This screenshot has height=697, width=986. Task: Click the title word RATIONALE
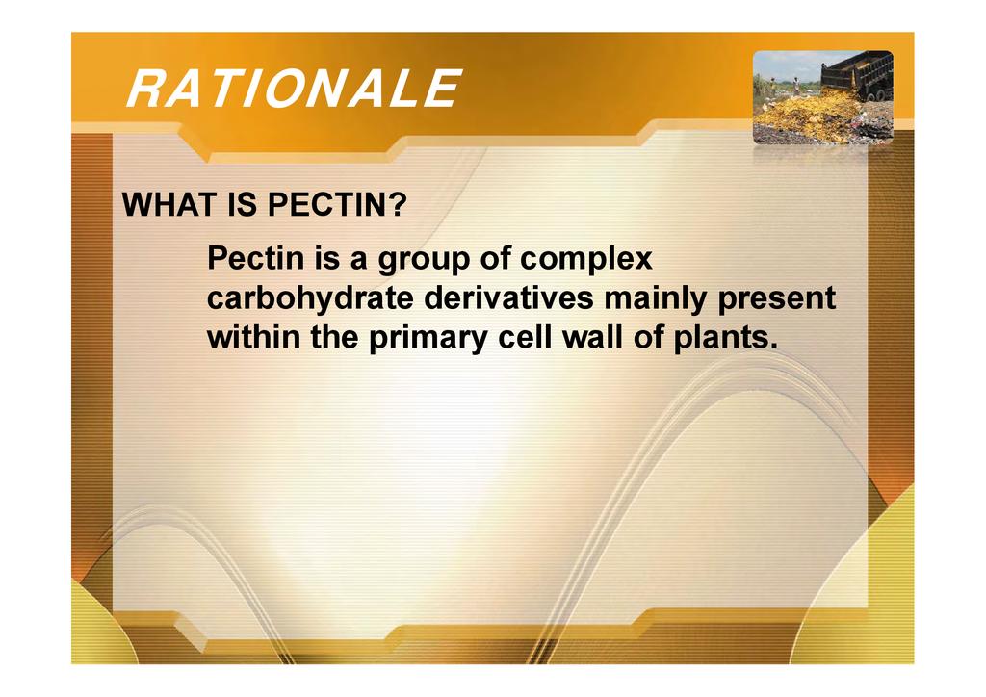[295, 89]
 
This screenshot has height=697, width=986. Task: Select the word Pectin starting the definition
[255, 258]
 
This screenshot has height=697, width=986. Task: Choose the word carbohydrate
[310, 297]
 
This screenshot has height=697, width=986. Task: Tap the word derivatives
[508, 297]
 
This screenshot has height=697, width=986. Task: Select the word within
[253, 338]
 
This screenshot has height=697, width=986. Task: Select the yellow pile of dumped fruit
[805, 115]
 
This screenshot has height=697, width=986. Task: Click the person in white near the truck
[796, 86]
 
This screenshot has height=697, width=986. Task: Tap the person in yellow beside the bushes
[772, 87]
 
